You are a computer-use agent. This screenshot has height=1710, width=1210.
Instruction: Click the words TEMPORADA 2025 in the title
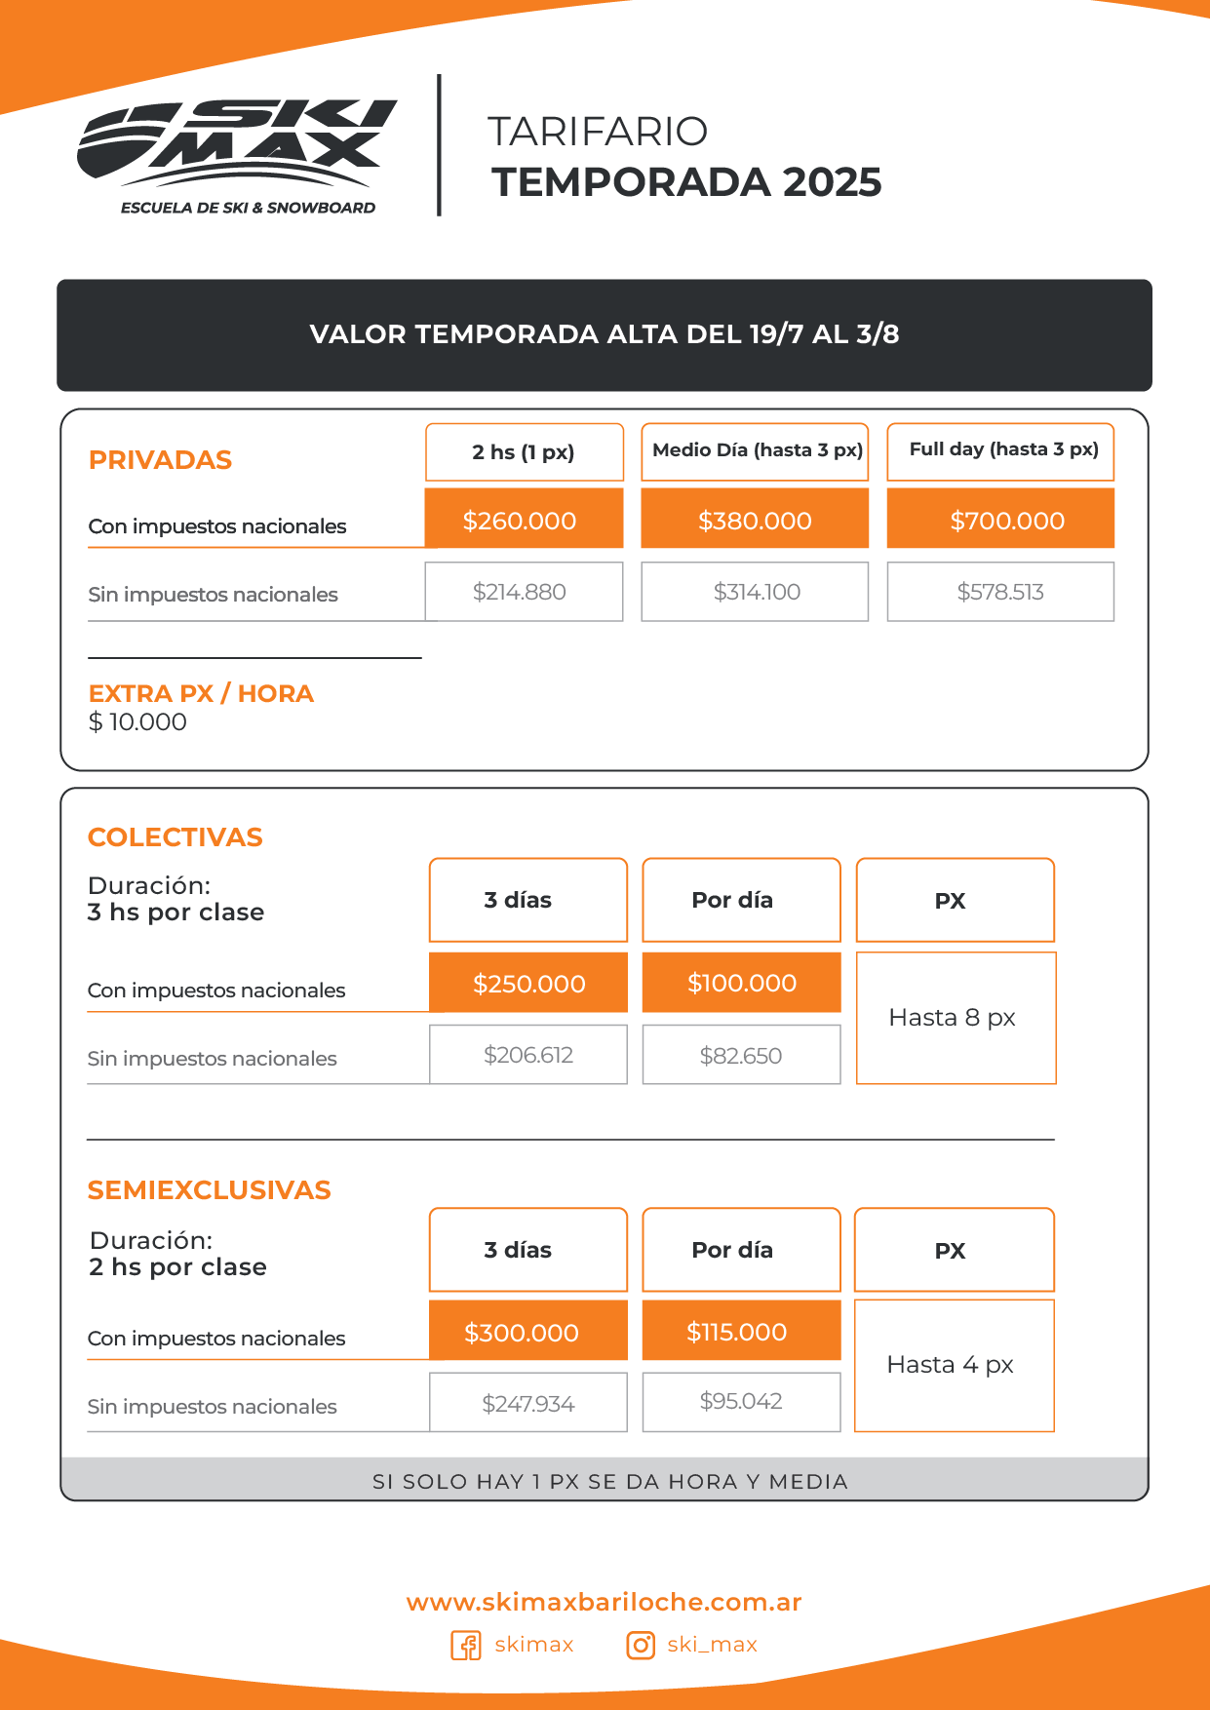click(x=686, y=182)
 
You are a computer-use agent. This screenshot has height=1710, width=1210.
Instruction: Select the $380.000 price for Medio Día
click(x=755, y=521)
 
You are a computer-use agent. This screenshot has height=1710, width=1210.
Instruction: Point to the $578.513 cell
click(x=1000, y=592)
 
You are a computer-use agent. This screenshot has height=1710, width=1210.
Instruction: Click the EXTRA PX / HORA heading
click(x=201, y=693)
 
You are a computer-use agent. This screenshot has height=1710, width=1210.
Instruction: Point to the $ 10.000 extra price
click(x=137, y=722)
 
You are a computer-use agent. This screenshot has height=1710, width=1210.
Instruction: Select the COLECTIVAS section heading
click(x=176, y=837)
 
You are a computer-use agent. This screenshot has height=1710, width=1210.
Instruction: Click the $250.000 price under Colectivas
click(x=528, y=984)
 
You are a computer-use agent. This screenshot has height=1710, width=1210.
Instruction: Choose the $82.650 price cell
click(x=741, y=1056)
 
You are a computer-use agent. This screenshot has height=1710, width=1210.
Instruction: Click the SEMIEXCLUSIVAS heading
click(x=210, y=1190)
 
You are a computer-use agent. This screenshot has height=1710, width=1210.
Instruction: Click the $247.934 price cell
click(x=528, y=1404)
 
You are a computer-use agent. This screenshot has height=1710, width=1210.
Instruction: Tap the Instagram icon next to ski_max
click(x=641, y=1646)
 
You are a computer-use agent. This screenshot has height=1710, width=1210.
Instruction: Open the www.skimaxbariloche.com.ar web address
click(x=605, y=1603)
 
